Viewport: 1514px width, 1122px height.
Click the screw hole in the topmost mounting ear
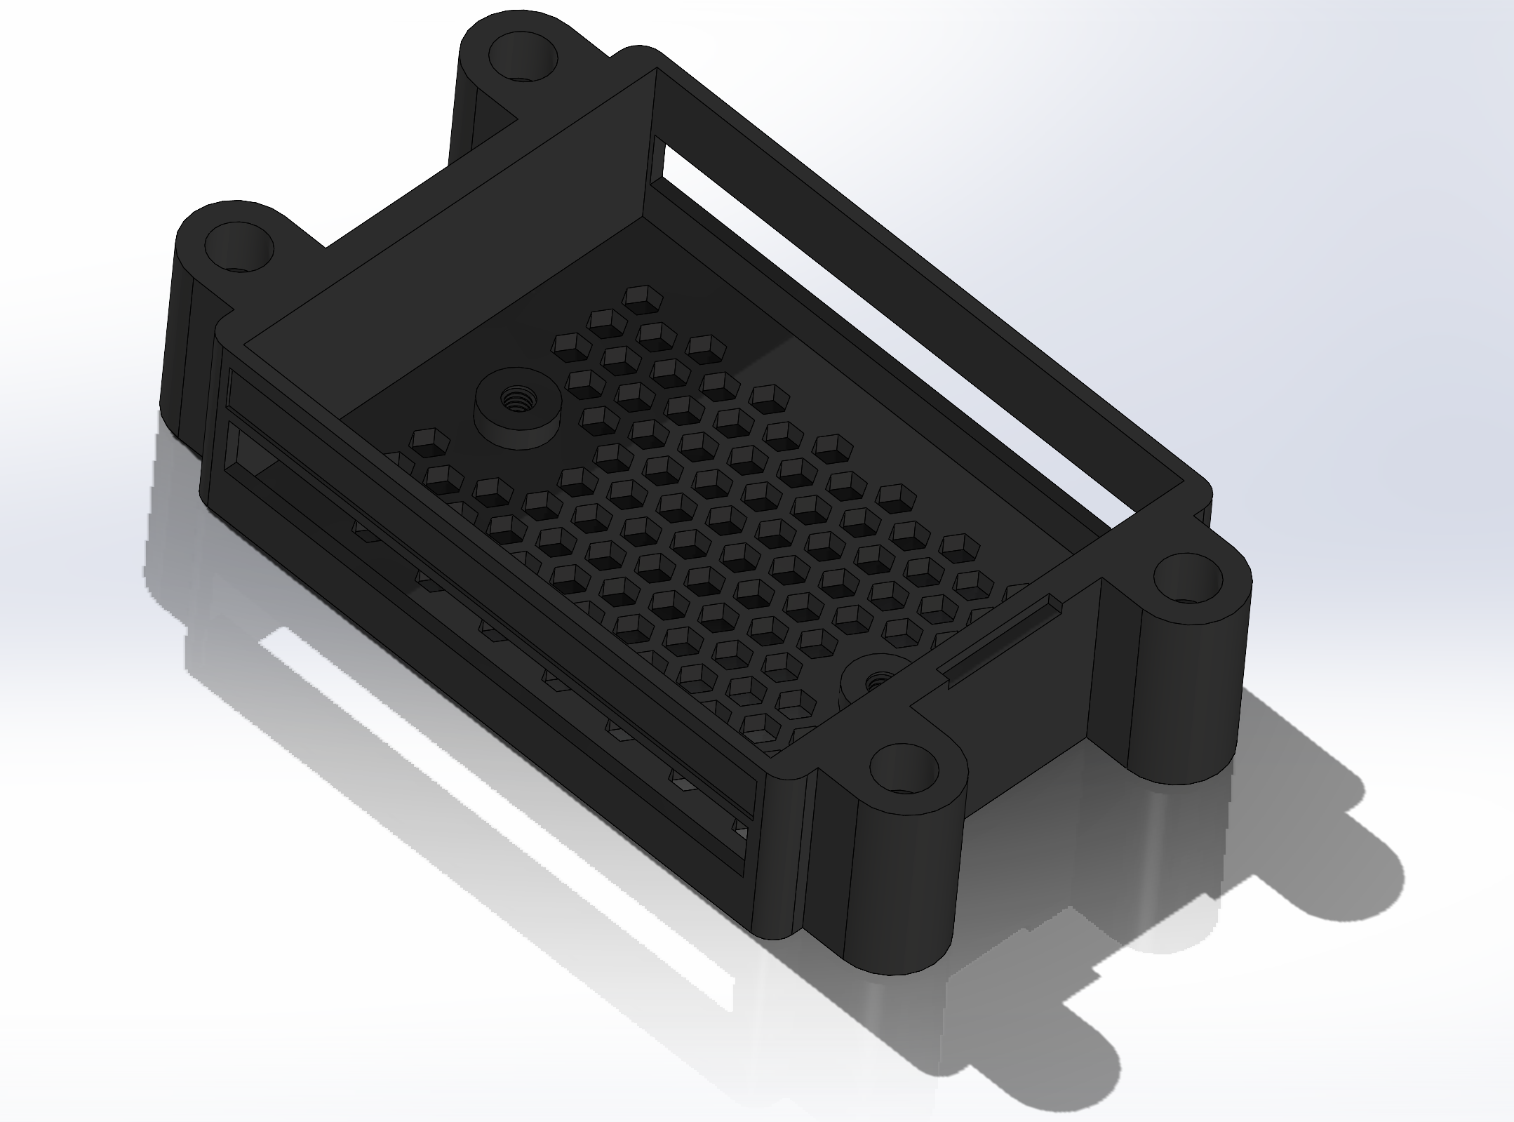521,56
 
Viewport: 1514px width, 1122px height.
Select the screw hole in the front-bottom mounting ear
905,770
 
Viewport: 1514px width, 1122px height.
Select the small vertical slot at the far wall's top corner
657,157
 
